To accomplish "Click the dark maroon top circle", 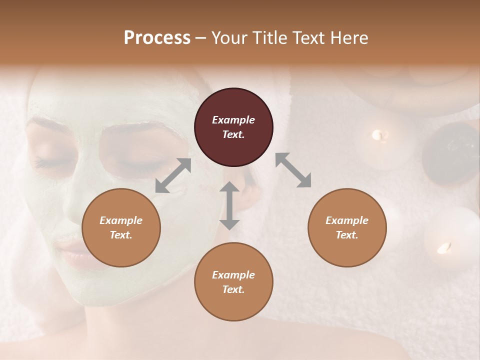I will [x=233, y=127].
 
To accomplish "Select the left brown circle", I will [x=121, y=227].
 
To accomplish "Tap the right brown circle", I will [x=347, y=227].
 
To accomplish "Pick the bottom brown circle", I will [x=233, y=282].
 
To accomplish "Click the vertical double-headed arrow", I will [x=229, y=205].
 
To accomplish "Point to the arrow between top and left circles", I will [x=173, y=175].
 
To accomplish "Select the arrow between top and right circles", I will [x=293, y=170].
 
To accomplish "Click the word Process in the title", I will [x=157, y=37].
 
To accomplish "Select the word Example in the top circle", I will [x=233, y=120].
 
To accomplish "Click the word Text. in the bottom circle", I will [x=233, y=289].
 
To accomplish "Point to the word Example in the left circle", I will [x=121, y=220].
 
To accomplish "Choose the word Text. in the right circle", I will [x=347, y=235].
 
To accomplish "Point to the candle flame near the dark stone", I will [x=380, y=134].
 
